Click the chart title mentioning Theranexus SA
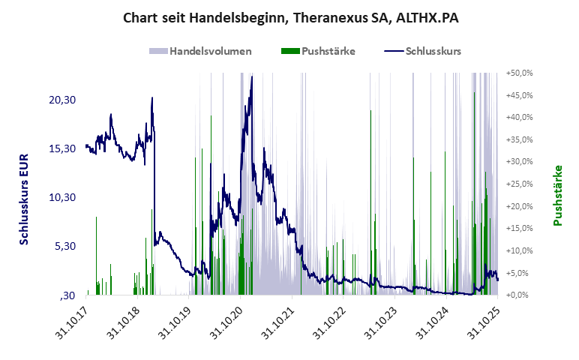click(290, 17)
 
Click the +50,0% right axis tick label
click(519, 73)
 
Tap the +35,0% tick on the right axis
click(519, 139)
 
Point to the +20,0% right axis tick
click(519, 206)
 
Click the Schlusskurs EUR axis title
click(24, 198)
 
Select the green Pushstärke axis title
click(557, 196)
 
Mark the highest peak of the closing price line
click(251, 76)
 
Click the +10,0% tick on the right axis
click(519, 250)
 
